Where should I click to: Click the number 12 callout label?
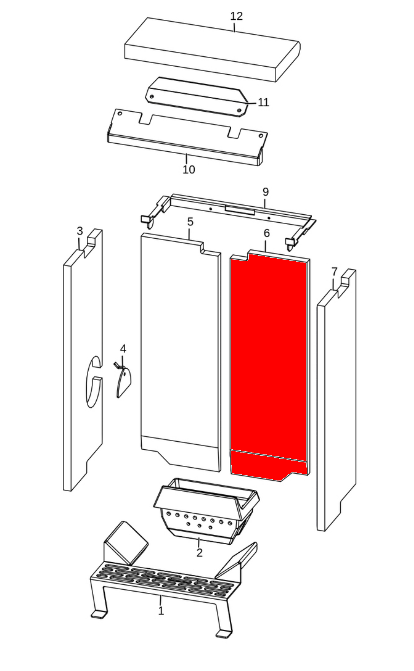click(x=236, y=16)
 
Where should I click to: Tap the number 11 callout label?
click(x=263, y=103)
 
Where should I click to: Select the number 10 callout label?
click(x=189, y=170)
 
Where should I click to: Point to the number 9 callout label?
click(x=265, y=192)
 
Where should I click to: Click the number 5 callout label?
click(x=190, y=222)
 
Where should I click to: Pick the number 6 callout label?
click(x=267, y=233)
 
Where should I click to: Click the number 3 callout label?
click(x=80, y=231)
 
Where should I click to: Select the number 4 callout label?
click(x=123, y=349)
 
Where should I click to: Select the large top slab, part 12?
click(x=212, y=50)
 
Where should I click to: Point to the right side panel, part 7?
click(x=337, y=400)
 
